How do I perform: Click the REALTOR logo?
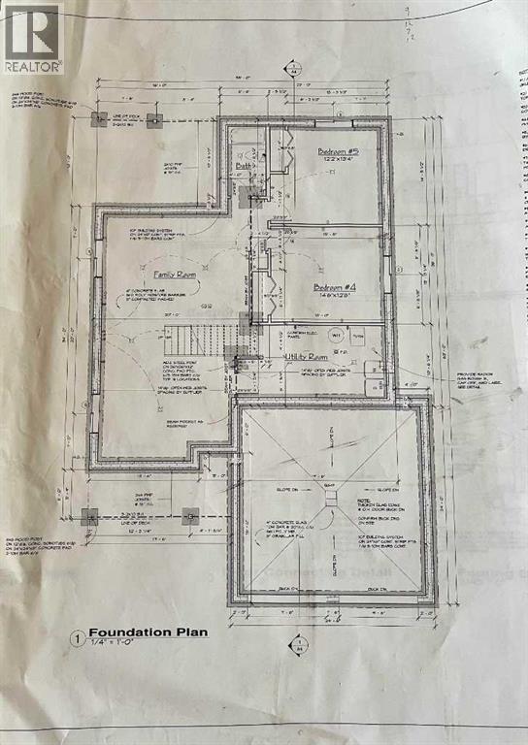(33, 39)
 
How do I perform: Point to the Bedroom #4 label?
(337, 287)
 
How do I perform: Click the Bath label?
(244, 166)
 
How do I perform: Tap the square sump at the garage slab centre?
(331, 498)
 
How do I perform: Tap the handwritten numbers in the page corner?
(515, 24)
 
